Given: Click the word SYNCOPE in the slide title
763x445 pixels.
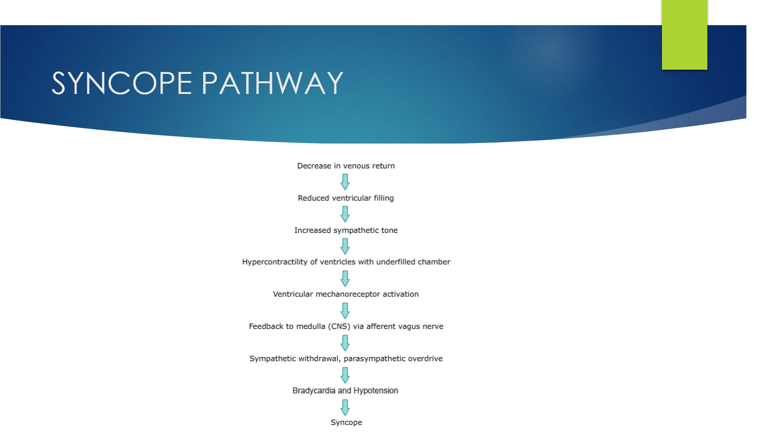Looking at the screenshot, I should point(122,84).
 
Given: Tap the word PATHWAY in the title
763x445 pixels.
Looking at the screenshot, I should point(272,84).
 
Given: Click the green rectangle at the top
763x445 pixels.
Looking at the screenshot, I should point(684,35).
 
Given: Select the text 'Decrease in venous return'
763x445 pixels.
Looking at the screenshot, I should point(346,166).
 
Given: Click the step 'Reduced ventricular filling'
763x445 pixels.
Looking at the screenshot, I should point(346,198).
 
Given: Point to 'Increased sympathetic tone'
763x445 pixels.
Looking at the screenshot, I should point(346,230).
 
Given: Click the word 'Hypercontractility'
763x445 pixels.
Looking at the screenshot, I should point(275,262).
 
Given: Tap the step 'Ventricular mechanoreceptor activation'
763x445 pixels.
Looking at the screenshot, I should point(346,294).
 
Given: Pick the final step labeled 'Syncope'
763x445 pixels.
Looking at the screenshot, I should point(346,423).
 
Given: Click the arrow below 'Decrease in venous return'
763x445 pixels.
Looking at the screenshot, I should point(345,182).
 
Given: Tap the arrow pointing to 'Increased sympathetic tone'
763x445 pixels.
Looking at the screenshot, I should point(345,214).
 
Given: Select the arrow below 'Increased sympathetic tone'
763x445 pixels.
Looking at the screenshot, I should point(345,246).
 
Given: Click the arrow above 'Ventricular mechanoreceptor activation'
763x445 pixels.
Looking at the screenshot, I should point(345,279).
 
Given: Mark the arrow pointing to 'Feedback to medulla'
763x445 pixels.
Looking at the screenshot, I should point(345,311).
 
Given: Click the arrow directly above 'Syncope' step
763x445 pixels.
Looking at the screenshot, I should point(345,408).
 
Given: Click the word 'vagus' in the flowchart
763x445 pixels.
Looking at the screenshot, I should point(409,327).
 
